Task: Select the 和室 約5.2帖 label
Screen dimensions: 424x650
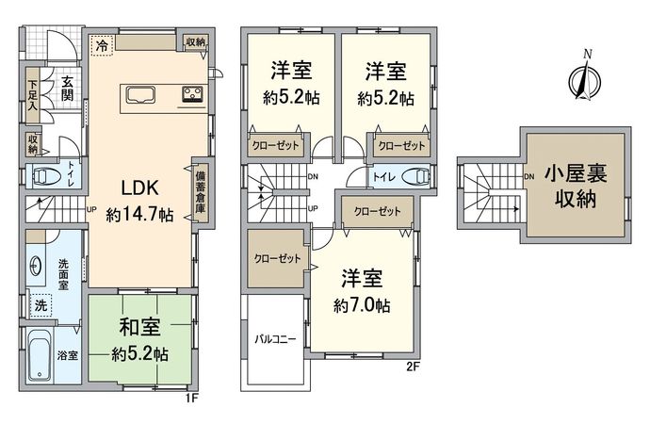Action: [139, 340]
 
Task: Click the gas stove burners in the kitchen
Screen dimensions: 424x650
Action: [192, 94]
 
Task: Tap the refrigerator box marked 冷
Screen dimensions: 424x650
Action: [101, 44]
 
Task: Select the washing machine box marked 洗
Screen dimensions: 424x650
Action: [41, 305]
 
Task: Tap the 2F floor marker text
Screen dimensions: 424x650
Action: [413, 367]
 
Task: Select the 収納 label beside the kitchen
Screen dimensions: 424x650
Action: [196, 42]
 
